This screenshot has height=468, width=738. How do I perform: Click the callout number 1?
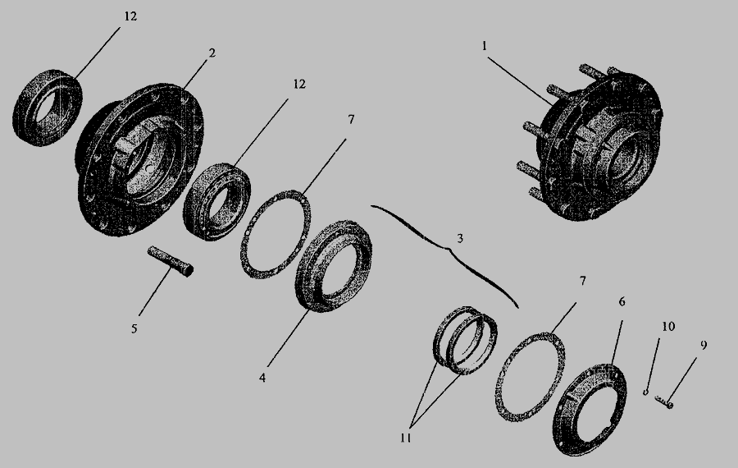(484, 46)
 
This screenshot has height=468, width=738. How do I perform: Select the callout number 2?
(212, 53)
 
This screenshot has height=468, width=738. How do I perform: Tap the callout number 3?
(460, 238)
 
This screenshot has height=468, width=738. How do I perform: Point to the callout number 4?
(262, 378)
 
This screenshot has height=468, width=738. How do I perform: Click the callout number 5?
(134, 328)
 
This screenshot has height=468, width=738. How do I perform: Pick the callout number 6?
(622, 301)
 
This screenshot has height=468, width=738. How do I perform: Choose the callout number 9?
(704, 346)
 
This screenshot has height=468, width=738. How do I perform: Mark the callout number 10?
(668, 326)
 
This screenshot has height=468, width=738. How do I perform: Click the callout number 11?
(406, 438)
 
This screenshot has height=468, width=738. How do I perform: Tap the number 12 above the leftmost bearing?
(130, 16)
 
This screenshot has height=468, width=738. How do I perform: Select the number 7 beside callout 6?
(583, 281)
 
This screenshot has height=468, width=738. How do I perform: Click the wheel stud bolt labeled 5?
(170, 261)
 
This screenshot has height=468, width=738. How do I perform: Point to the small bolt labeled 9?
(664, 401)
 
